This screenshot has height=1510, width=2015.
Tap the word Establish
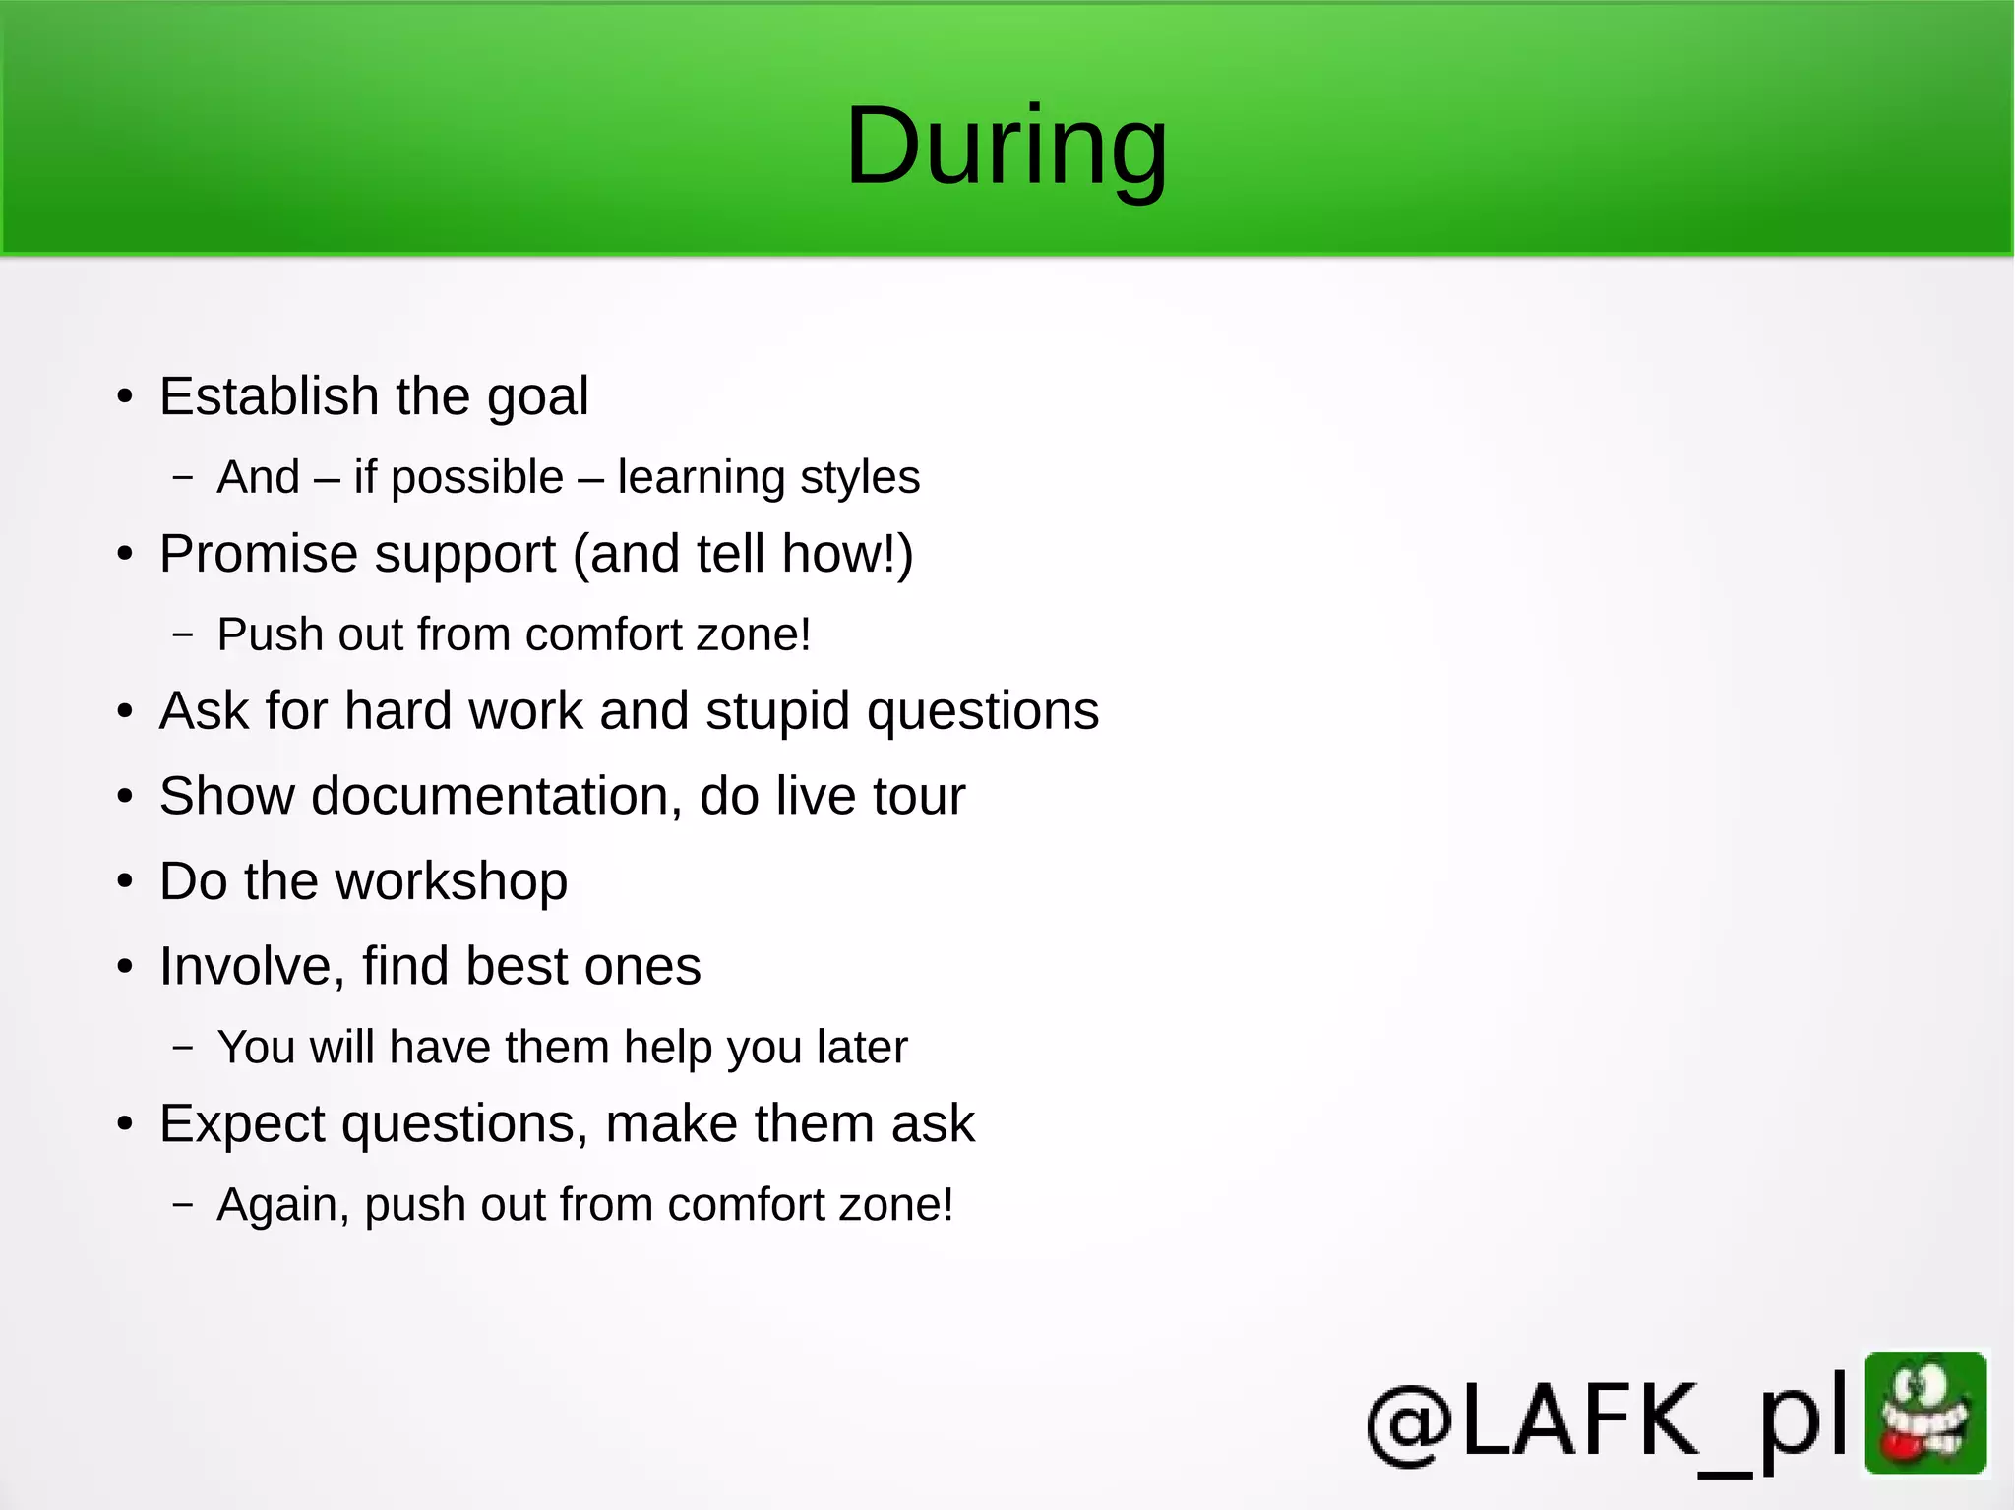pyautogui.click(x=269, y=396)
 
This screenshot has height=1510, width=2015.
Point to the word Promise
pyautogui.click(x=259, y=554)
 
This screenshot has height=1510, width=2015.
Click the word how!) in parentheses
pyautogui.click(x=847, y=554)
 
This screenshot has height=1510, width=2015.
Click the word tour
pyautogui.click(x=918, y=796)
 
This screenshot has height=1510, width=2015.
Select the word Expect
pyautogui.click(x=242, y=1124)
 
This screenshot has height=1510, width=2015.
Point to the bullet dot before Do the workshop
pyautogui.click(x=124, y=882)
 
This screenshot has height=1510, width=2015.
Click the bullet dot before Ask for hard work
pyautogui.click(x=124, y=712)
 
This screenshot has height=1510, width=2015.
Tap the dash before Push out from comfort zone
pyautogui.click(x=183, y=635)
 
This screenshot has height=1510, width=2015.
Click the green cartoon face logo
pyautogui.click(x=1925, y=1413)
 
